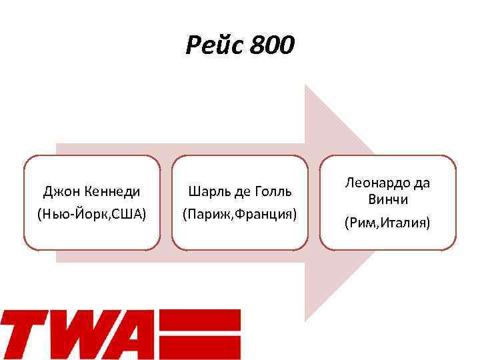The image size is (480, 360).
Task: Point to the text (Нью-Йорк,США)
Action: [92, 215]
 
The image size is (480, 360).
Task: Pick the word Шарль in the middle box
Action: [207, 192]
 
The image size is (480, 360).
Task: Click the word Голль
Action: [274, 192]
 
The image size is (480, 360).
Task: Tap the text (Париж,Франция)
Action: [240, 215]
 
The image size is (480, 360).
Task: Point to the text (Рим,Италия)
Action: [387, 222]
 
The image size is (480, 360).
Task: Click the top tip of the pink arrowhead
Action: [306, 87]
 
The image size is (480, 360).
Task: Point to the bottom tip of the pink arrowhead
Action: [306, 319]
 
